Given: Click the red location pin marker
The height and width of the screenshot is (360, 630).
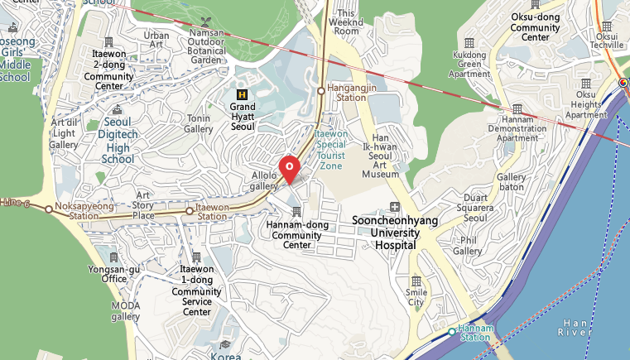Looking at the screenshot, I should pyautogui.click(x=290, y=168).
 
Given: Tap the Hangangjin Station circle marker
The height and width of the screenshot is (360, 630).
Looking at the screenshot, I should pyautogui.click(x=321, y=91).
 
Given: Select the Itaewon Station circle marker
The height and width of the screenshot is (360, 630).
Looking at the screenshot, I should pyautogui.click(x=190, y=211).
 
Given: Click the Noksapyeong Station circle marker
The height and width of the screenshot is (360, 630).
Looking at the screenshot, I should pyautogui.click(x=49, y=209).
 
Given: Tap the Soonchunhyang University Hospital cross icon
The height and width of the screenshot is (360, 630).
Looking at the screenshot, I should pyautogui.click(x=395, y=207).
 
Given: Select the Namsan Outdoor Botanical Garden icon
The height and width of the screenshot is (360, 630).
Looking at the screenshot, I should pyautogui.click(x=206, y=21).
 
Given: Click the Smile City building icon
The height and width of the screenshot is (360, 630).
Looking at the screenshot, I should pyautogui.click(x=416, y=281).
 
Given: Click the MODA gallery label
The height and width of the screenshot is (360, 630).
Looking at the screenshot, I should pyautogui.click(x=126, y=310).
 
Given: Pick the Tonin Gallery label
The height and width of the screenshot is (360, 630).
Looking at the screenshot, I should pyautogui.click(x=199, y=123).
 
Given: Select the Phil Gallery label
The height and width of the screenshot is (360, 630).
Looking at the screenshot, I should pyautogui.click(x=467, y=245).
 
